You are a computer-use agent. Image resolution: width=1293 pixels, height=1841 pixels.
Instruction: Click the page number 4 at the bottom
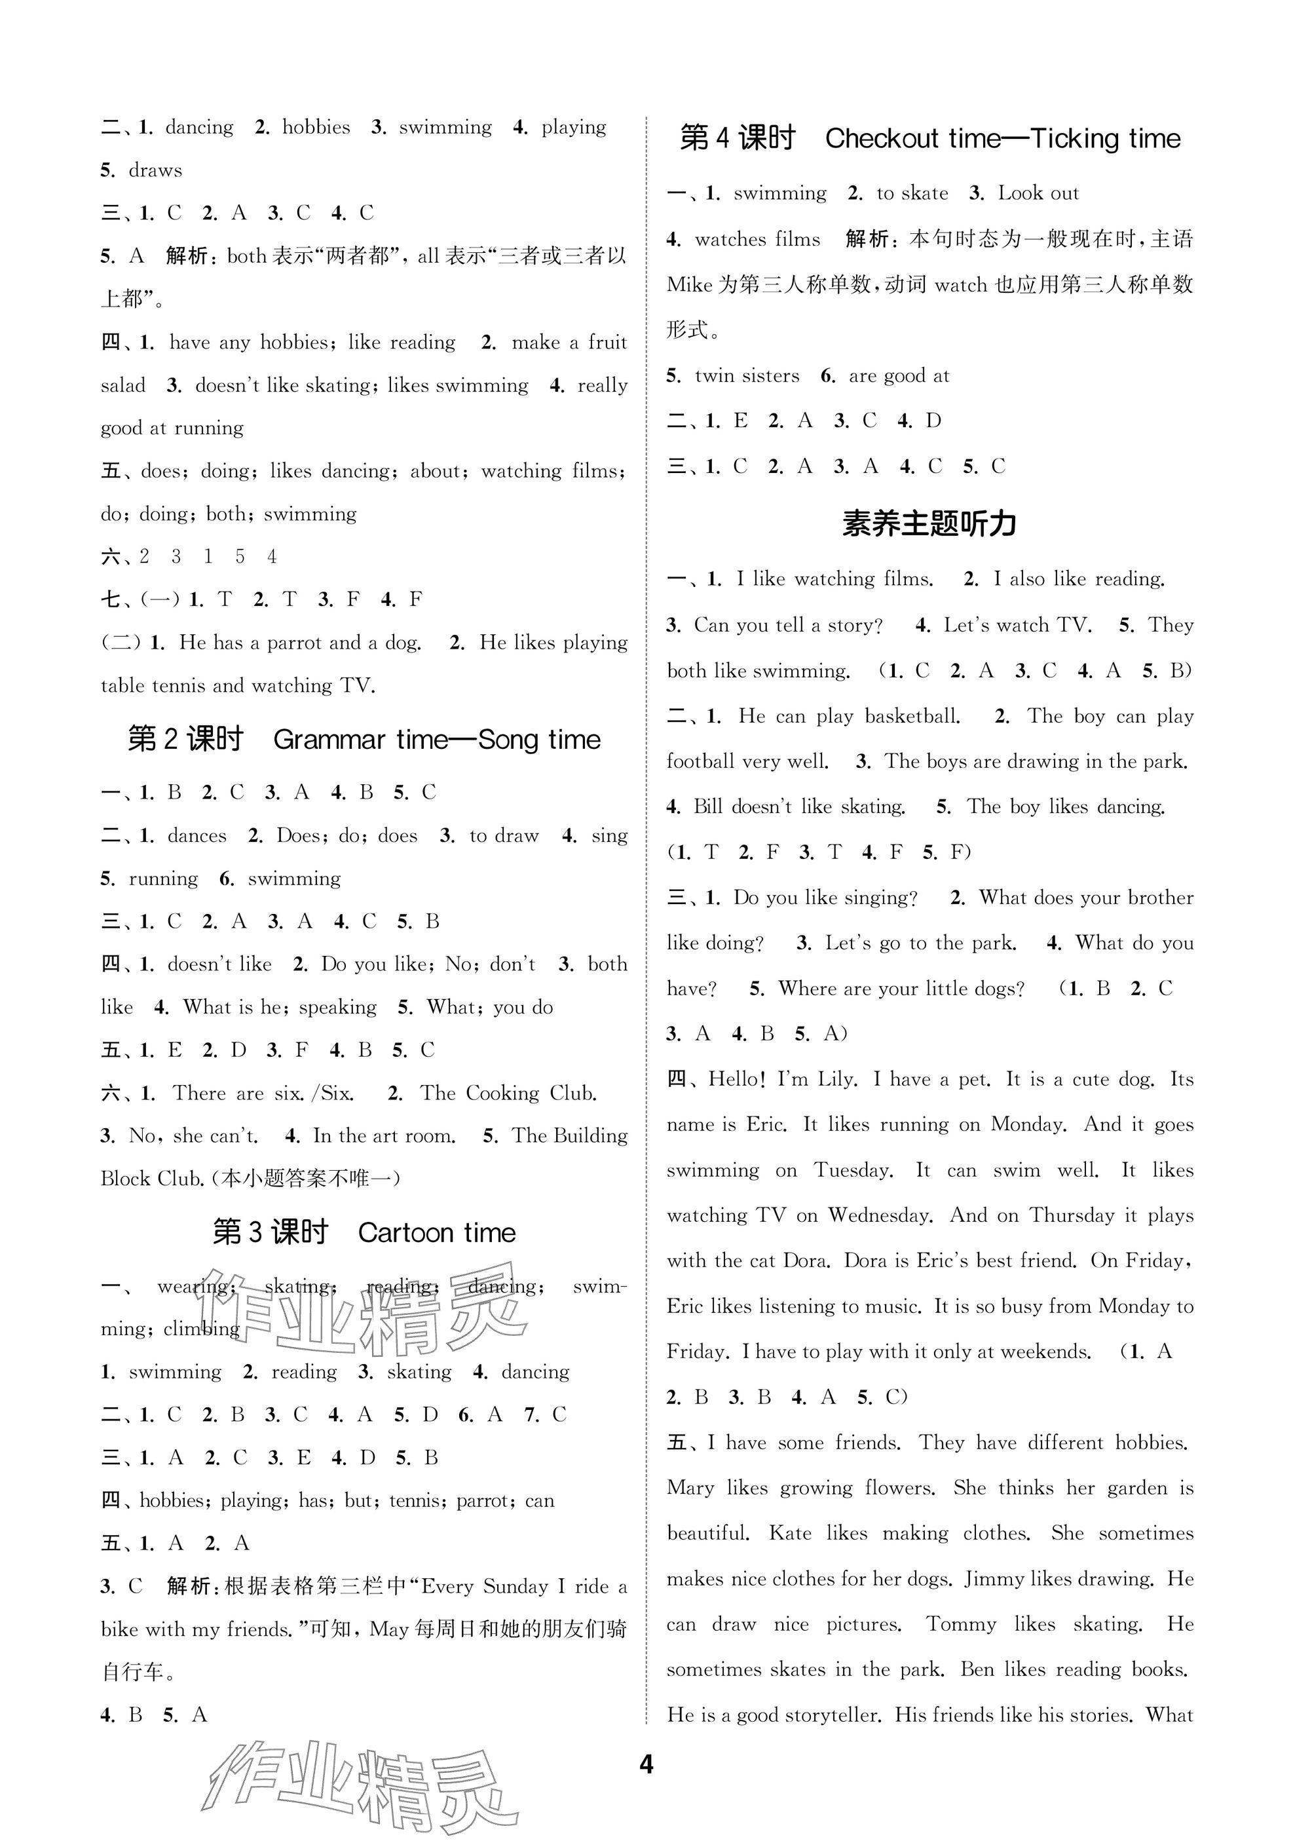646,1764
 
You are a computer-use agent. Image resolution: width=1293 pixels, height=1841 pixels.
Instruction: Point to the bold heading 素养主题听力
929,523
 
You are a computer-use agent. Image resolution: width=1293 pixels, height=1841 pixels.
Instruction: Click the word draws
155,170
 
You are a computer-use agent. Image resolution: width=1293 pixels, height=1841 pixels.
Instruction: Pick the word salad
123,386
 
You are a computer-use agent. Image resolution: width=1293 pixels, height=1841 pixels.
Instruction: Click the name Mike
688,284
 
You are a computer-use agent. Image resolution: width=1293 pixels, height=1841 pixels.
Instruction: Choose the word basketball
912,716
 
